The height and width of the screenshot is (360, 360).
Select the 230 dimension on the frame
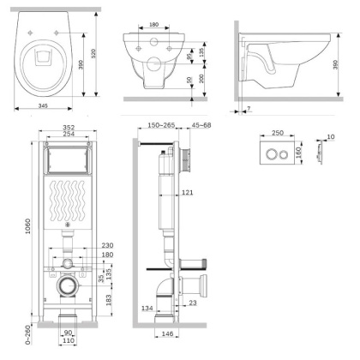(107, 246)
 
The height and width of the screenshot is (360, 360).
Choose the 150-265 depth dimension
(160, 126)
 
